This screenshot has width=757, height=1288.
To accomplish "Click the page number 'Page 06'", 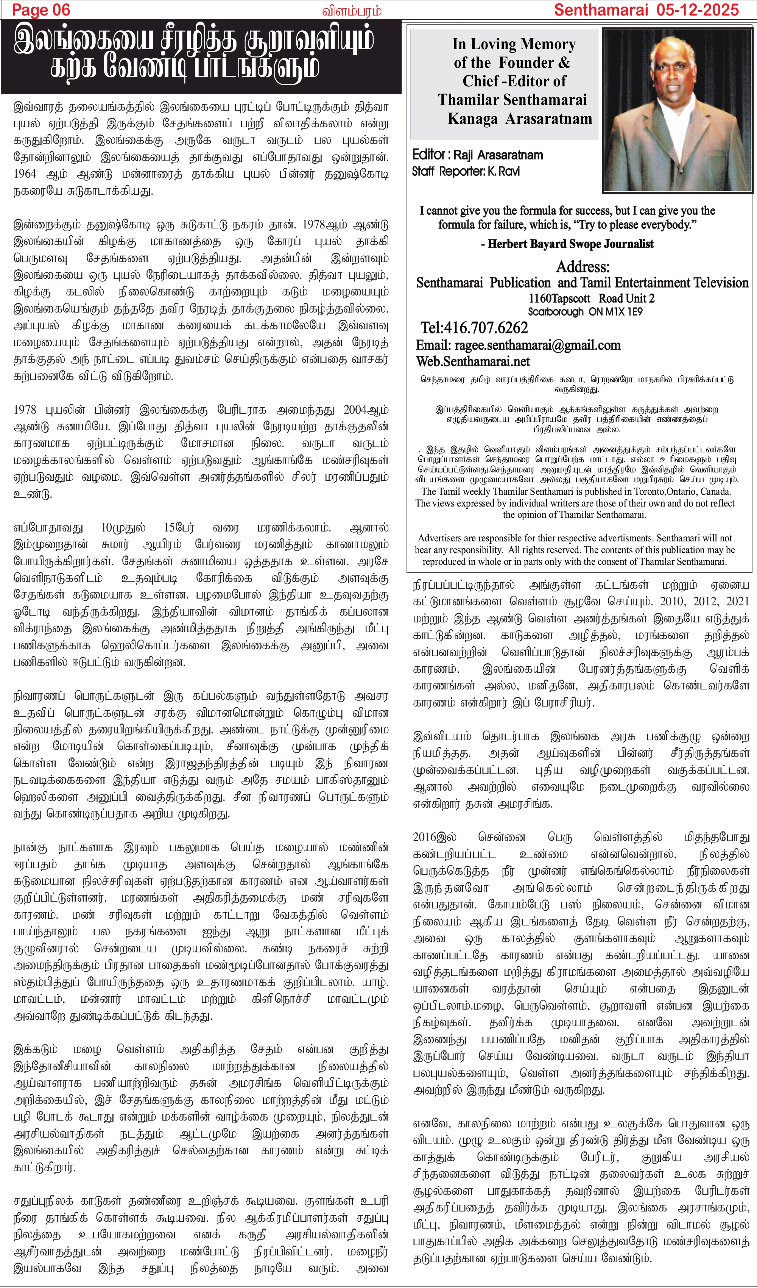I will [41, 10].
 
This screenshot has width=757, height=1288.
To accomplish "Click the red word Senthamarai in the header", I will [601, 10].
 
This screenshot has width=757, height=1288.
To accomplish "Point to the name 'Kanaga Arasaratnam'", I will [519, 119].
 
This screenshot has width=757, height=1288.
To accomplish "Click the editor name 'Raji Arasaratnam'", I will [498, 155].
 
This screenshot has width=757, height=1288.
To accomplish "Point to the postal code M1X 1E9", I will [623, 312].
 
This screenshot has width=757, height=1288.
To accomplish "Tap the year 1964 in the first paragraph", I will [25, 174].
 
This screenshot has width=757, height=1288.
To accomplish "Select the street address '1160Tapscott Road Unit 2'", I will [591, 299].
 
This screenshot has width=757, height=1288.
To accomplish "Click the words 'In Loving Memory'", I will [514, 44].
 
